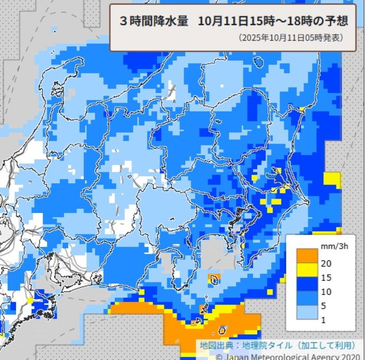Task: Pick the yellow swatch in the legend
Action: click(x=306, y=270)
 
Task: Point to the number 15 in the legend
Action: click(x=326, y=277)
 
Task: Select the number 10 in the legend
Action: click(x=326, y=291)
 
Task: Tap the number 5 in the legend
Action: click(x=323, y=305)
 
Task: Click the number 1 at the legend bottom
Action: click(x=323, y=320)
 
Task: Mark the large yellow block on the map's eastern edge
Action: click(x=332, y=180)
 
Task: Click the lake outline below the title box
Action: click(x=259, y=61)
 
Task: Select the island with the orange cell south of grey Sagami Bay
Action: click(x=214, y=278)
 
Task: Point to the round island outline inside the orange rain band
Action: click(x=222, y=330)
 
